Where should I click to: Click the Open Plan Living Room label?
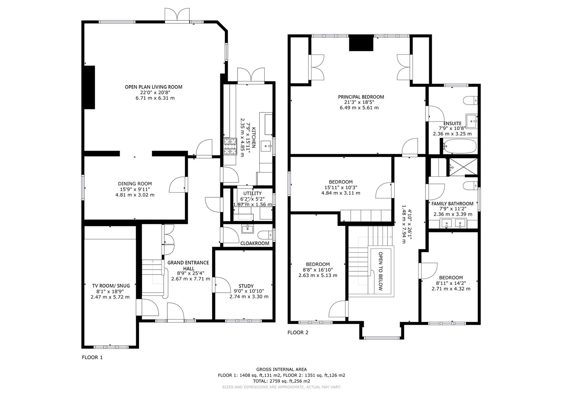click(153, 87)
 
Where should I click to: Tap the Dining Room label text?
click(135, 184)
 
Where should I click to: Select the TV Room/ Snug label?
click(111, 286)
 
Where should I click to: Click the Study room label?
click(246, 286)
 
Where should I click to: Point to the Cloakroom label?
click(255, 244)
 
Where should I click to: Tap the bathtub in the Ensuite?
click(459, 146)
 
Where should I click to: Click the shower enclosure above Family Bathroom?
click(462, 167)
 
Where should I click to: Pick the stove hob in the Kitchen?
click(230, 147)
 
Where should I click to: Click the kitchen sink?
click(265, 146)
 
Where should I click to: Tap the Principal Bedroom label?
click(361, 97)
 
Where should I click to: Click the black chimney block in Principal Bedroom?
click(361, 43)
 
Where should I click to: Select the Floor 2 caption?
click(298, 332)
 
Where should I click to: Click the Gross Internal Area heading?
click(281, 369)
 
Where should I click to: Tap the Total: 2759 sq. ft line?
click(281, 381)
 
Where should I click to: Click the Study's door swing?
click(220, 284)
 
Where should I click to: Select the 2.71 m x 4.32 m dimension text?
click(451, 289)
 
